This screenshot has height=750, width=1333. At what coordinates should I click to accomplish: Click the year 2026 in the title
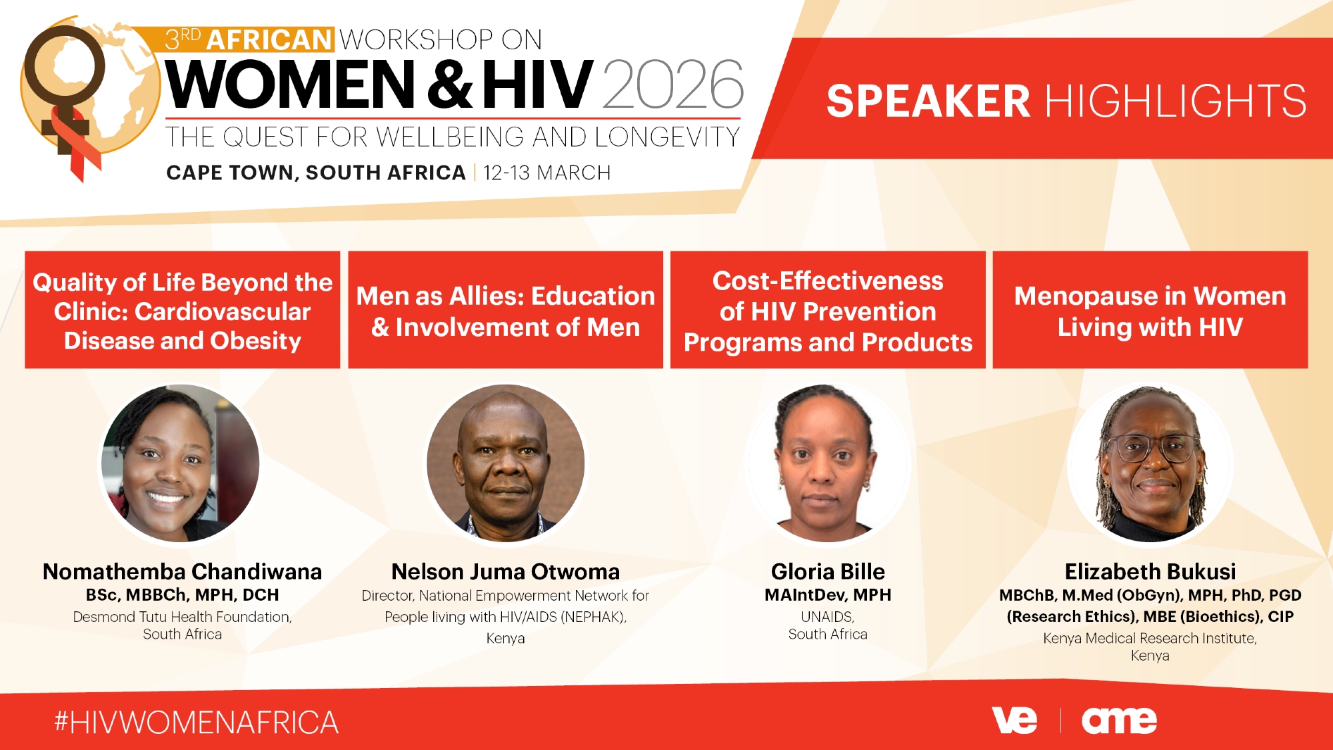[x=673, y=84]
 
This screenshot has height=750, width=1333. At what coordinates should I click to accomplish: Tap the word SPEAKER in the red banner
[x=928, y=101]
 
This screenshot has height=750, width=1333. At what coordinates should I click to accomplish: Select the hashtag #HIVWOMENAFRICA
[x=197, y=723]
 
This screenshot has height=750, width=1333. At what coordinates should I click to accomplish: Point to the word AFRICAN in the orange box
[x=269, y=40]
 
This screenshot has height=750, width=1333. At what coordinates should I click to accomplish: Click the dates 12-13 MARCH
[x=547, y=173]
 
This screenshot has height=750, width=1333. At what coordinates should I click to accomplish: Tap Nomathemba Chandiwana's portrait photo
[x=181, y=463]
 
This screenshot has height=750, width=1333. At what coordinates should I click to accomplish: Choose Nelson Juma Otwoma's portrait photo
[x=506, y=463]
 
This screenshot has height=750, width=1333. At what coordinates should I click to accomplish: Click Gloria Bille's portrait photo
[x=828, y=463]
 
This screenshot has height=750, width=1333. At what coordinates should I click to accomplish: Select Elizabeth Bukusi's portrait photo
[x=1150, y=463]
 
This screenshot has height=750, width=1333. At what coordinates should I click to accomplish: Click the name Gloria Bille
[x=828, y=571]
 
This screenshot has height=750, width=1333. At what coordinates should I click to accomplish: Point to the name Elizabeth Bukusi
[x=1150, y=571]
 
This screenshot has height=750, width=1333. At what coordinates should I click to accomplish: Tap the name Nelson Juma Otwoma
[x=506, y=571]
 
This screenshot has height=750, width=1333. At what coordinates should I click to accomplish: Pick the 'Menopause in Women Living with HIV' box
[x=1150, y=310]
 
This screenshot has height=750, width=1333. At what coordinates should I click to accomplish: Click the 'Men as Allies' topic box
[x=506, y=310]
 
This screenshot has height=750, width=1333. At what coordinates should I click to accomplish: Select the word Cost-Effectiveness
[x=828, y=281]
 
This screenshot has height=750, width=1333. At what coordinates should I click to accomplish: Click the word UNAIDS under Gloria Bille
[x=827, y=617]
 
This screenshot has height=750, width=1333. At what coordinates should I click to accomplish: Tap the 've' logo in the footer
[x=1014, y=720]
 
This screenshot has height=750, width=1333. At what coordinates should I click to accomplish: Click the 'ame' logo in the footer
[x=1120, y=721]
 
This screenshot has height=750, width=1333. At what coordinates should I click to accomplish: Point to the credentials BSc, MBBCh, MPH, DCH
[x=183, y=595]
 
